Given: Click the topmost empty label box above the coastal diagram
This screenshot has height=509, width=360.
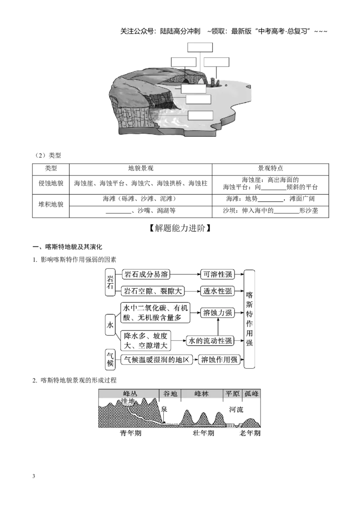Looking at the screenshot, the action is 200,47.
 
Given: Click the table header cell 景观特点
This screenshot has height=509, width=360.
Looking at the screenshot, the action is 270,169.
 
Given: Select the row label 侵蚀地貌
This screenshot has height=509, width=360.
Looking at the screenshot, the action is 51,183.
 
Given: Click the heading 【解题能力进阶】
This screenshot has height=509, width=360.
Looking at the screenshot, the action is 180,228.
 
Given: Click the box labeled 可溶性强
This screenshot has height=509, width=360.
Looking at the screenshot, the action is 217,274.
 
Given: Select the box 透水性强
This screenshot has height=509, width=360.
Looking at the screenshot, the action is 217,291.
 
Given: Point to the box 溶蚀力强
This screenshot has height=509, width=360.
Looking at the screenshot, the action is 217,313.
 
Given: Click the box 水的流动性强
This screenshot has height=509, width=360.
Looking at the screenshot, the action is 210,341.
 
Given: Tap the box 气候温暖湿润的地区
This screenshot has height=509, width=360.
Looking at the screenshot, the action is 157,360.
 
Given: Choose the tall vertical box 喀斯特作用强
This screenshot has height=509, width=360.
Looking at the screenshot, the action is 249,319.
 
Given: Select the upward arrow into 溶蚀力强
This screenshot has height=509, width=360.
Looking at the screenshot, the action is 218,327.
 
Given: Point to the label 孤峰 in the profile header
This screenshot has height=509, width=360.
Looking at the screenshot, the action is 252,394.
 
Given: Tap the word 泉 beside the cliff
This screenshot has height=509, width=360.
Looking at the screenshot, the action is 164,409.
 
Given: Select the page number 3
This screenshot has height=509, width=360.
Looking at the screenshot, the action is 34,477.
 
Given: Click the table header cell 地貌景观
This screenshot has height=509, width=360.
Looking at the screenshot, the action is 141,169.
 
